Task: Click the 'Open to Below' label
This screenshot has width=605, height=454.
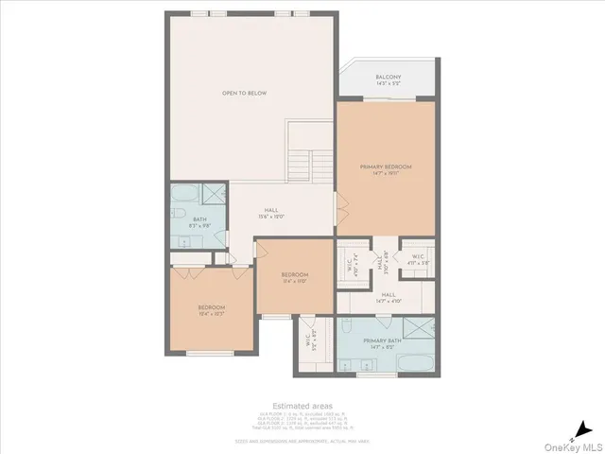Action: pos(244,94)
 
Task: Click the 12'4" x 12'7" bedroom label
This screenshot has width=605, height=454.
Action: pos(211,310)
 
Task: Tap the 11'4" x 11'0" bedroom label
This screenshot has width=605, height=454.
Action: pos(294,277)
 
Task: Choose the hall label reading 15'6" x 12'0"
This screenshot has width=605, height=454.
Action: pos(271,214)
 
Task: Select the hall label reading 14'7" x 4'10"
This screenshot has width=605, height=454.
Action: pos(388,297)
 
